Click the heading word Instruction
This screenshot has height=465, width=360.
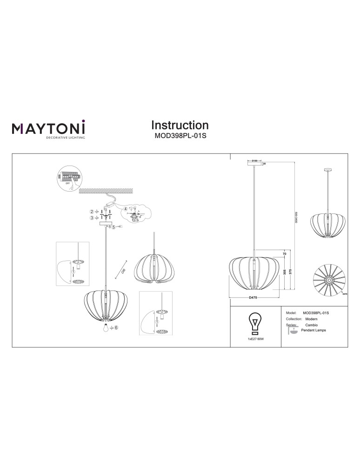tap(180, 125)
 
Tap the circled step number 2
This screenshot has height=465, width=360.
tap(92, 212)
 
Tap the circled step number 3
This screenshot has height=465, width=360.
tap(92, 217)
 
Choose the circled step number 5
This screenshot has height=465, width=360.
tap(113, 227)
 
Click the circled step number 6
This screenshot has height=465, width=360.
tap(116, 328)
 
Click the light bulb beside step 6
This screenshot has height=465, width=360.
tap(107, 328)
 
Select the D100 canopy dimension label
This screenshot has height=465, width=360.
tap(254, 161)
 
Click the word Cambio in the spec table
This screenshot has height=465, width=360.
tap(311, 325)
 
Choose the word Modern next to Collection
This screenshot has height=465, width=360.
tap(312, 319)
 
